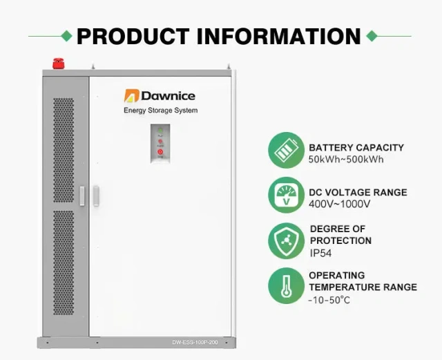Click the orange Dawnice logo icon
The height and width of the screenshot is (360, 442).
coord(131,96)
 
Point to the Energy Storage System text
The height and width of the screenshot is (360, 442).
coord(160,111)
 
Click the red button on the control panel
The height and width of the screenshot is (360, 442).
coord(160,151)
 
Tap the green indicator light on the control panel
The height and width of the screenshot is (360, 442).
coord(160,131)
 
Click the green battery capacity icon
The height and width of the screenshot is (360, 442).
coord(285,150)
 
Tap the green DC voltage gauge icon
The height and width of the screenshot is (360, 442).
coord(285,196)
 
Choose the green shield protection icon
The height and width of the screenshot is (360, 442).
coord(285,240)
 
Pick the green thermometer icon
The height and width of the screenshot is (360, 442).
coord(285,286)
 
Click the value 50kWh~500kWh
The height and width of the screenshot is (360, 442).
coord(346,160)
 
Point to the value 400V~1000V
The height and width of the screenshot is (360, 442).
coord(340,205)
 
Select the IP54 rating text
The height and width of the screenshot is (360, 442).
coord(321,253)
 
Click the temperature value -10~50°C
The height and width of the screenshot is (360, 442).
coord(329,299)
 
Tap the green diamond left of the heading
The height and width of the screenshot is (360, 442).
coord(66,35)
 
